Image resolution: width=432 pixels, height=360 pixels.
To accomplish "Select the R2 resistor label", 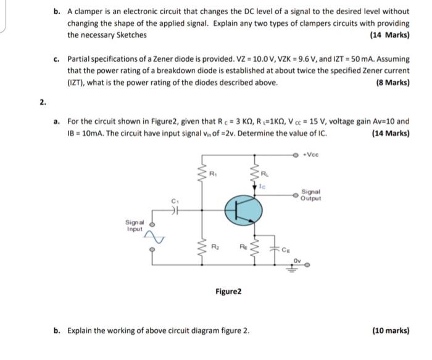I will tap(214, 246).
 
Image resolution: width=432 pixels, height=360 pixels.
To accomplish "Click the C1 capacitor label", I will tap(175, 201).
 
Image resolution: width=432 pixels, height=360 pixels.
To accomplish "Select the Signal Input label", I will tap(134, 226).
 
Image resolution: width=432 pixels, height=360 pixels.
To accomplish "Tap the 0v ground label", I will tap(297, 260).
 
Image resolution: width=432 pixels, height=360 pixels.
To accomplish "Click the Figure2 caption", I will tap(228, 290).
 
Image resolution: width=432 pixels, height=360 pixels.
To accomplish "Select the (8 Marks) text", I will tap(392, 83).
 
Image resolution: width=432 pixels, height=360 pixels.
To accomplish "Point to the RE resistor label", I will tap(242, 247).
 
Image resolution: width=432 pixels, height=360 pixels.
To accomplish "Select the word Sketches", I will tap(131, 35).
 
